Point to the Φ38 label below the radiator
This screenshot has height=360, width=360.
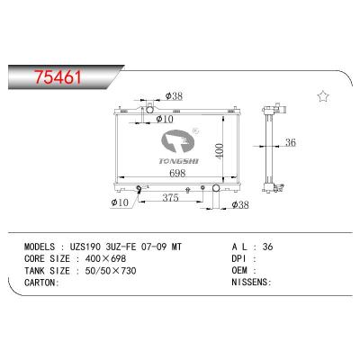[240, 205]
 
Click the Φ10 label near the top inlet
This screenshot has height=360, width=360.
[165, 119]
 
